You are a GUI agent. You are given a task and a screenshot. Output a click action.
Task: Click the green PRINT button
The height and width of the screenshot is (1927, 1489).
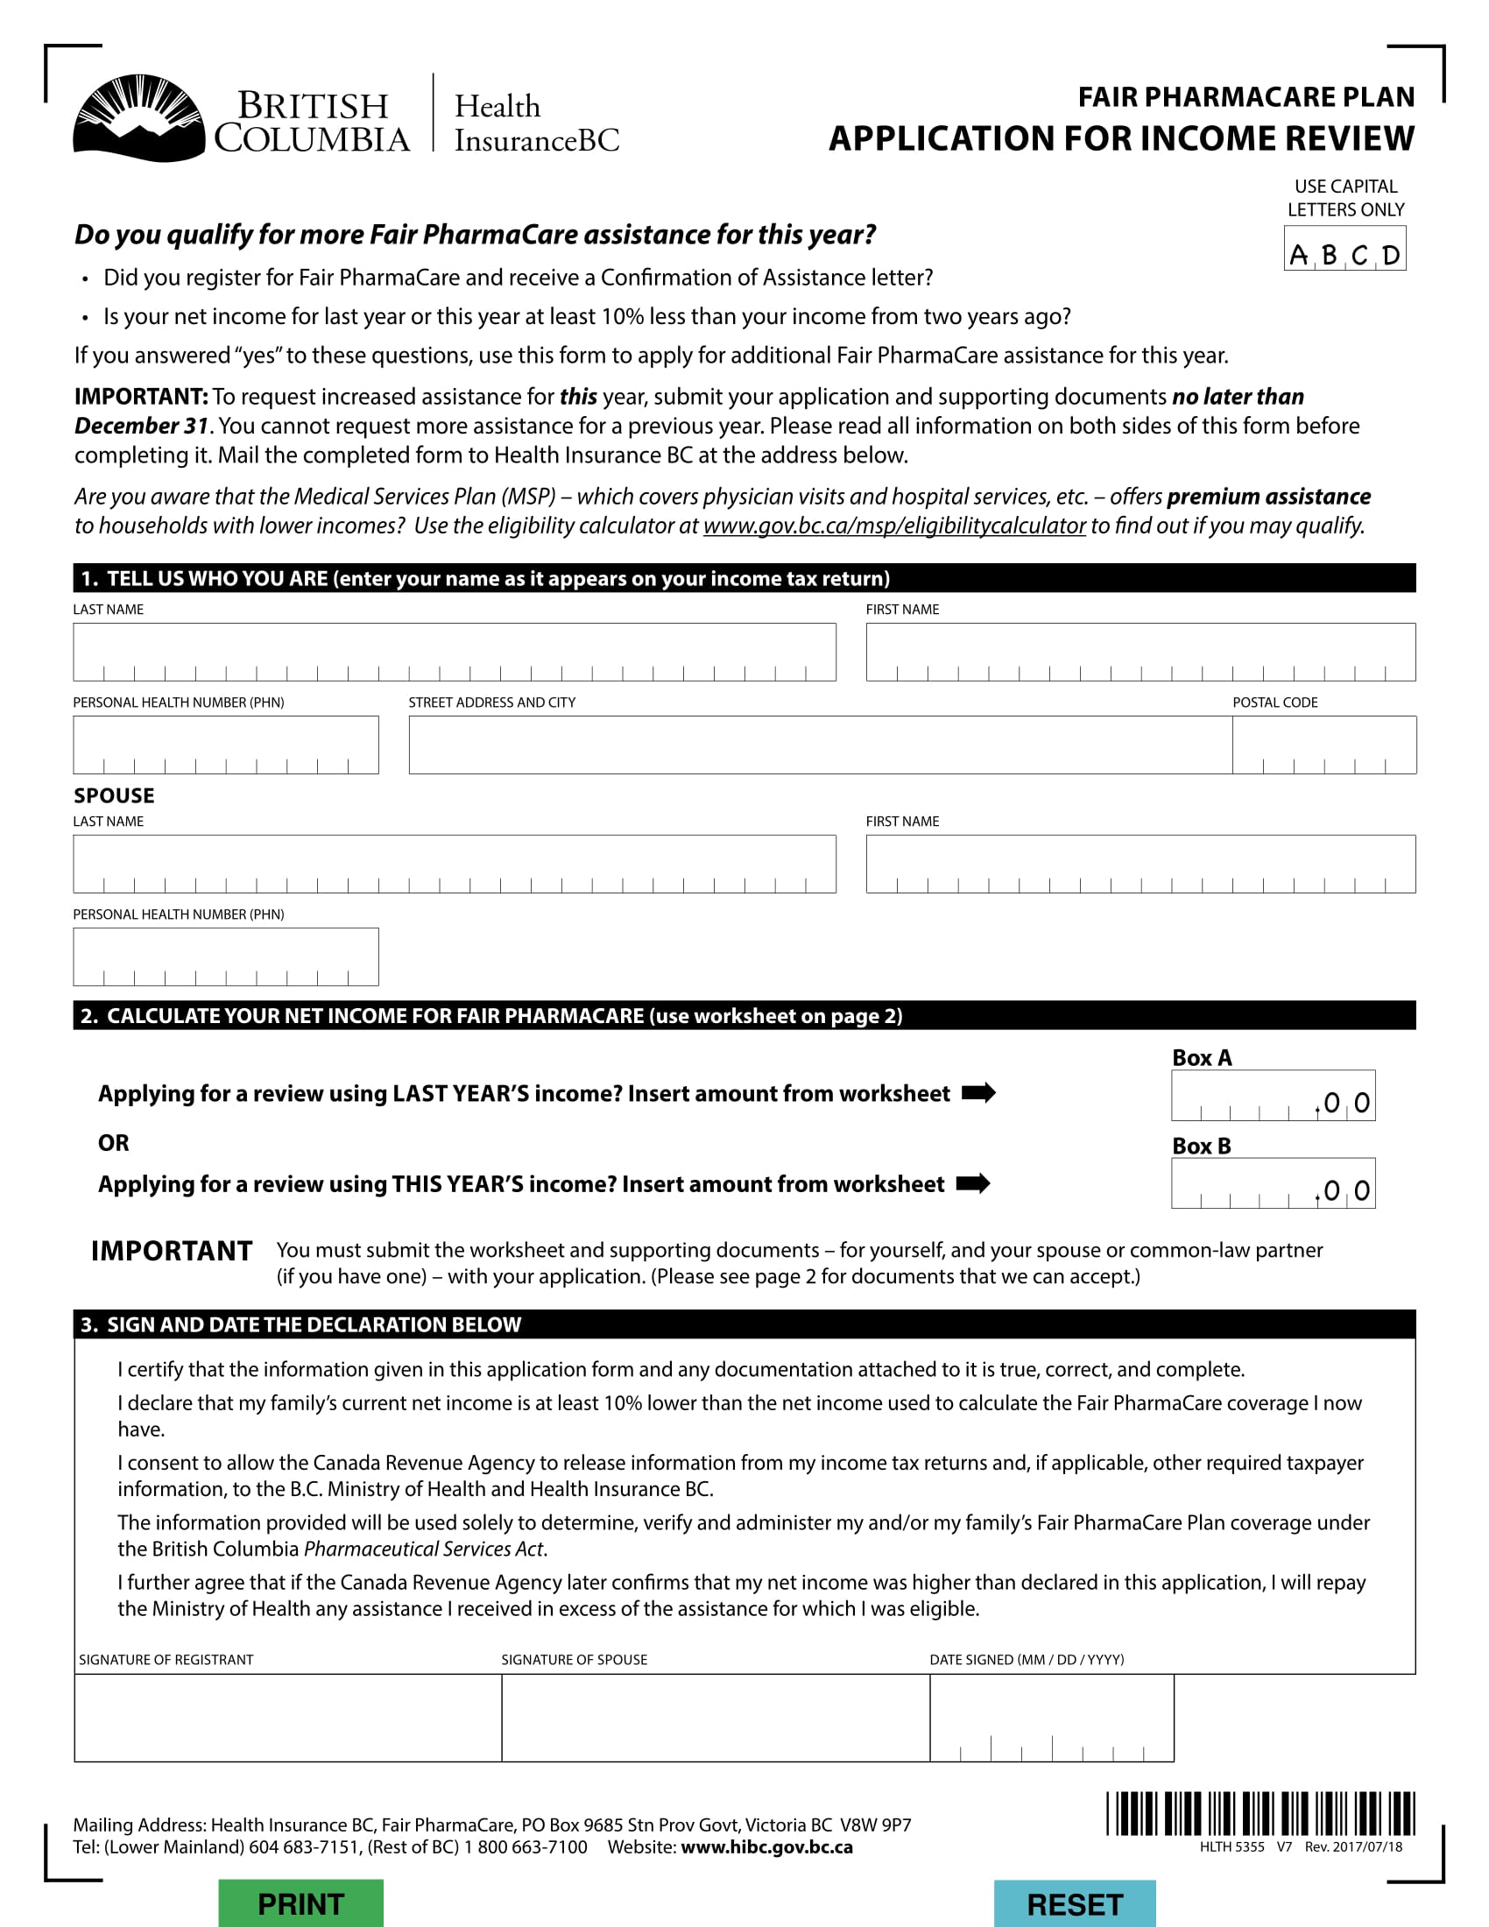(300, 1903)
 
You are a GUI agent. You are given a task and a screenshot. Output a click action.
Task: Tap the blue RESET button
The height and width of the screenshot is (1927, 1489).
(1075, 1904)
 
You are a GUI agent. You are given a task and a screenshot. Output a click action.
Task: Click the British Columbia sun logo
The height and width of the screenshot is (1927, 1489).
(138, 118)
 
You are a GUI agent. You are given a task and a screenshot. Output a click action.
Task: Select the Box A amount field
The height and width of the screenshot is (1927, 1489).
(1272, 1096)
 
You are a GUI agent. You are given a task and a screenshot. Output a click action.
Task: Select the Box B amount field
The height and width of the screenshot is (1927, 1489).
(1272, 1183)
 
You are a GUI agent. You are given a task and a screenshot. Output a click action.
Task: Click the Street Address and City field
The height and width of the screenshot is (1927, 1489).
(820, 745)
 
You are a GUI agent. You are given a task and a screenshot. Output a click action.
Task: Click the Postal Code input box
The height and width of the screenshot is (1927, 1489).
(1323, 745)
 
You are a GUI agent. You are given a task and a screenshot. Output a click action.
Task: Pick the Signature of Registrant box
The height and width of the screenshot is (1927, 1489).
(287, 1717)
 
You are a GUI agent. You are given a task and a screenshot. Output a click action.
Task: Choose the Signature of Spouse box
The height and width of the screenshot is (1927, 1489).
(716, 1717)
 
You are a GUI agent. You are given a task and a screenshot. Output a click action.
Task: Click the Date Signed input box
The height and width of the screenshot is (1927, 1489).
(1051, 1717)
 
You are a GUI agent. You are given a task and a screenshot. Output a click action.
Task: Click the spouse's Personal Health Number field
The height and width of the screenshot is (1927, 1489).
(226, 956)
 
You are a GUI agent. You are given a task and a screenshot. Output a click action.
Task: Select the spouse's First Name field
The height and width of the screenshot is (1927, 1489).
(1140, 864)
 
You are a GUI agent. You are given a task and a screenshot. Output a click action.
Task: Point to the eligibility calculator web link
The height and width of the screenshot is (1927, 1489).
(893, 526)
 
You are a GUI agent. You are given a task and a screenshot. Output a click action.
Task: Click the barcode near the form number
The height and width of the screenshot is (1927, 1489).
(1260, 1814)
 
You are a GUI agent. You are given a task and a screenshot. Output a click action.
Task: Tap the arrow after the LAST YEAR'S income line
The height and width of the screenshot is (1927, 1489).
(978, 1093)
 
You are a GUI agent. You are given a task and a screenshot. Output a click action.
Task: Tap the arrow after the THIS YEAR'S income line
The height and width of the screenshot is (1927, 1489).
(973, 1183)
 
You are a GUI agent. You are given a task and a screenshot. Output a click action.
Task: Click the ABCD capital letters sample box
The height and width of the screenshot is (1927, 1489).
(1344, 249)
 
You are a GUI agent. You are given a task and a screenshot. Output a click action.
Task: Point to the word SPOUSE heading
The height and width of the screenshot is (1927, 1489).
(114, 796)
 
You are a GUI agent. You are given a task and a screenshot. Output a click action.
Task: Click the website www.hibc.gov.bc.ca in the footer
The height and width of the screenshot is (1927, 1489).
(766, 1847)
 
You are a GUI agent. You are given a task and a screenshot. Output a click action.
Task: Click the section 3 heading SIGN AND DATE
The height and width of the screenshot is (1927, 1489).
(314, 1324)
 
